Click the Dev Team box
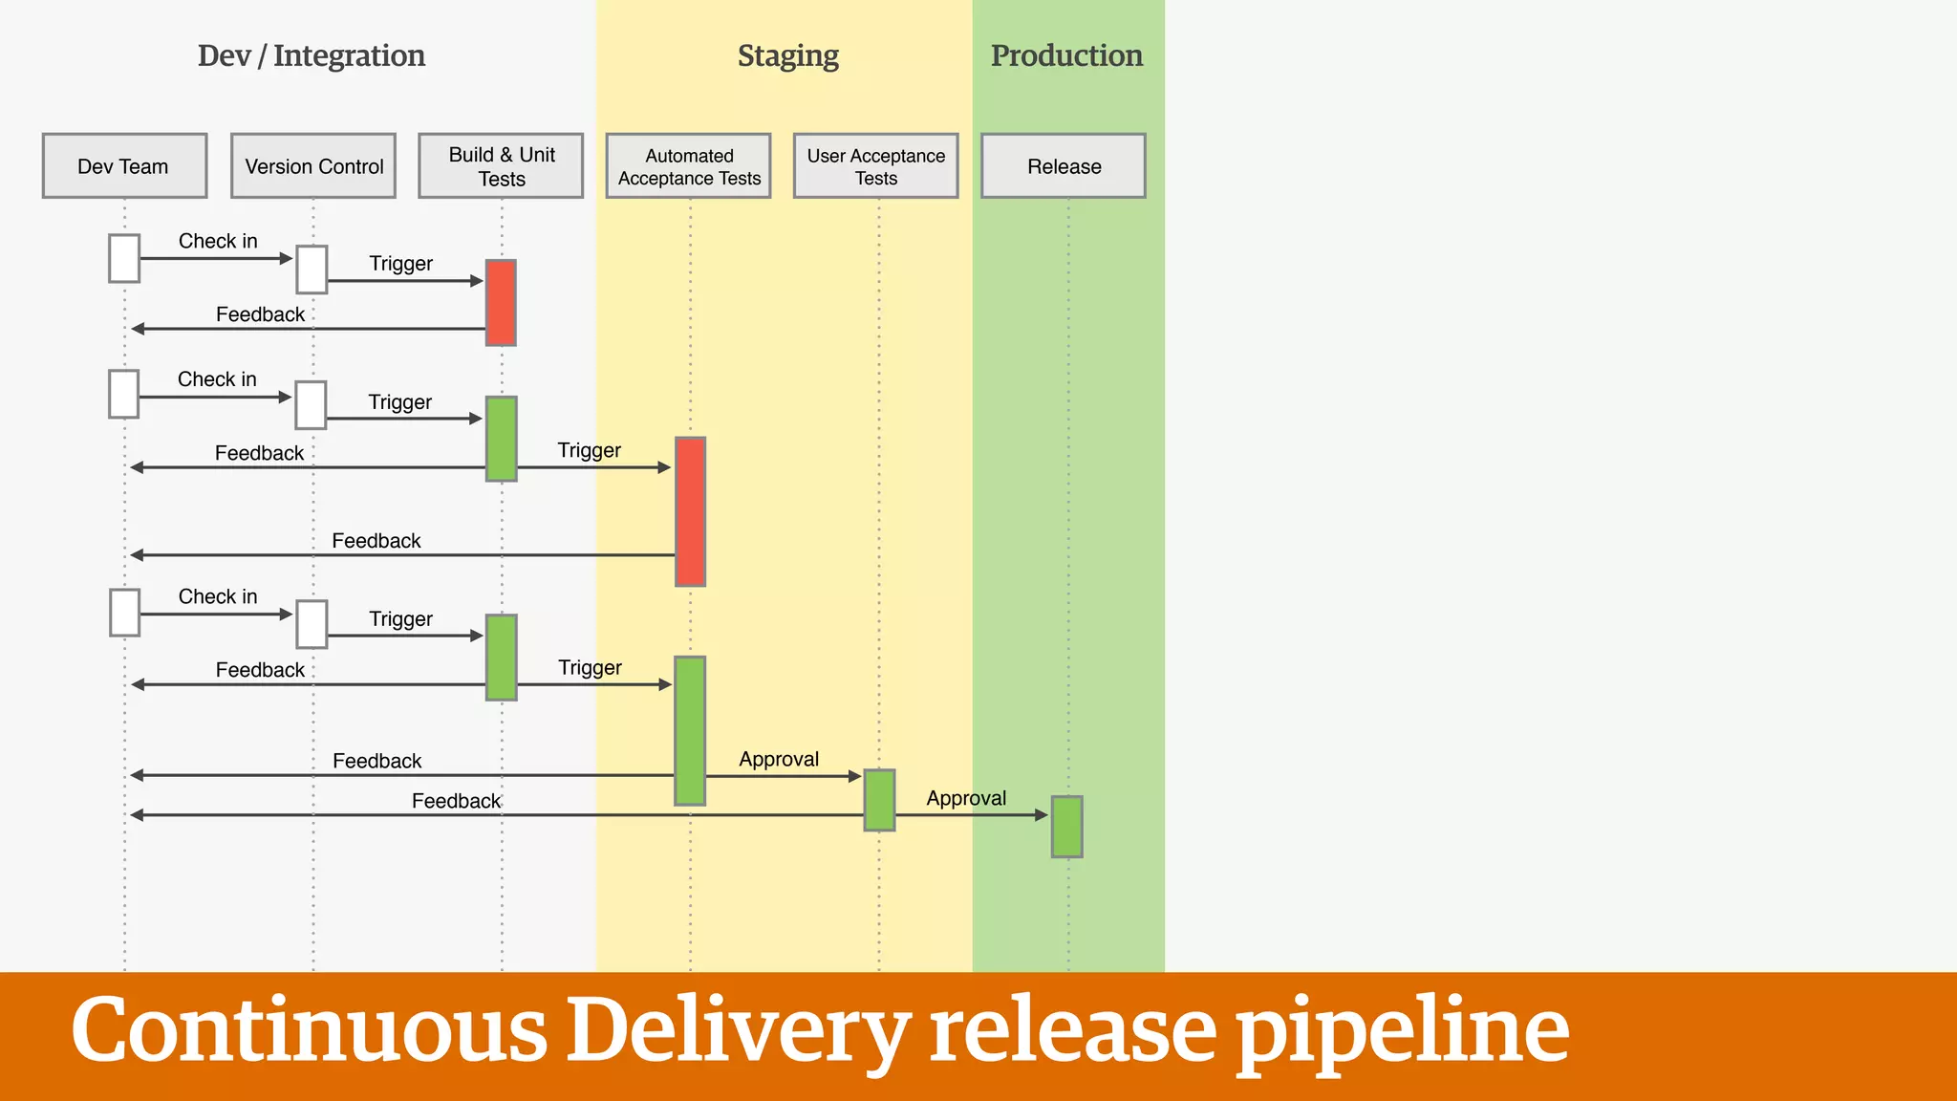click(x=124, y=166)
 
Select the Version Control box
click(x=313, y=166)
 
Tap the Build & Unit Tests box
click(x=501, y=166)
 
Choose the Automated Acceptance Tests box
click(x=688, y=166)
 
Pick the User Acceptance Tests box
click(x=875, y=166)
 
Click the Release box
click(x=1064, y=166)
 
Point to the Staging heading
click(x=787, y=56)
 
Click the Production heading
click(x=1066, y=56)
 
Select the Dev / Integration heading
click(x=312, y=56)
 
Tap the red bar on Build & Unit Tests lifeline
click(x=501, y=302)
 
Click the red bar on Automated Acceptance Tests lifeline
click(x=690, y=511)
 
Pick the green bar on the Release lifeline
click(x=1066, y=826)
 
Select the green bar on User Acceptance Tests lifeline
click(x=879, y=800)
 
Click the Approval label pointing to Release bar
click(x=966, y=798)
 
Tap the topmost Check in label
click(x=218, y=241)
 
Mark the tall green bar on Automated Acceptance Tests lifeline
click(x=690, y=730)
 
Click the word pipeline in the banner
click(x=1402, y=1032)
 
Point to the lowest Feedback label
click(x=456, y=801)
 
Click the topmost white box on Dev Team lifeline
click(x=124, y=258)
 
